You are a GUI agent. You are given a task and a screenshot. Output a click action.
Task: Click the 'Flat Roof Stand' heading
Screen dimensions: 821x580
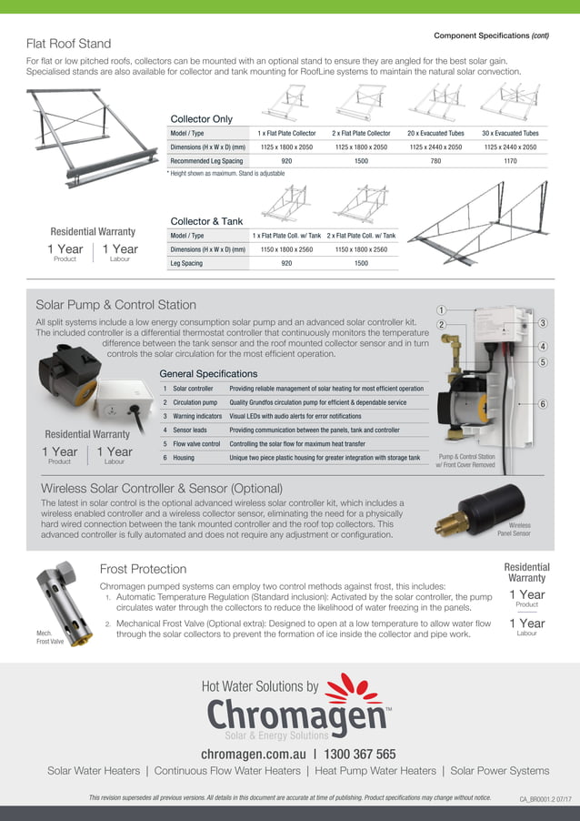[69, 44]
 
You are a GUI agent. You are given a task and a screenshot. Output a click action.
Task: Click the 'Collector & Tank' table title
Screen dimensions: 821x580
[208, 221]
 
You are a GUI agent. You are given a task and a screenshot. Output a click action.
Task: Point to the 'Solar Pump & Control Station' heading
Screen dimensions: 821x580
[115, 305]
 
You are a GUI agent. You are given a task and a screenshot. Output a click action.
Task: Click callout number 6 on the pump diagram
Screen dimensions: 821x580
[542, 403]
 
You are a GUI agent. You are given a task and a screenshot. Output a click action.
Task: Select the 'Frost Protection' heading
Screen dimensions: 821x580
[143, 569]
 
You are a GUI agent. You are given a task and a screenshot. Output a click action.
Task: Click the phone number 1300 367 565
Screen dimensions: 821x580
[360, 754]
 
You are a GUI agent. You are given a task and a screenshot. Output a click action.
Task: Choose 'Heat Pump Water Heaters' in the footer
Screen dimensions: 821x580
[375, 771]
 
